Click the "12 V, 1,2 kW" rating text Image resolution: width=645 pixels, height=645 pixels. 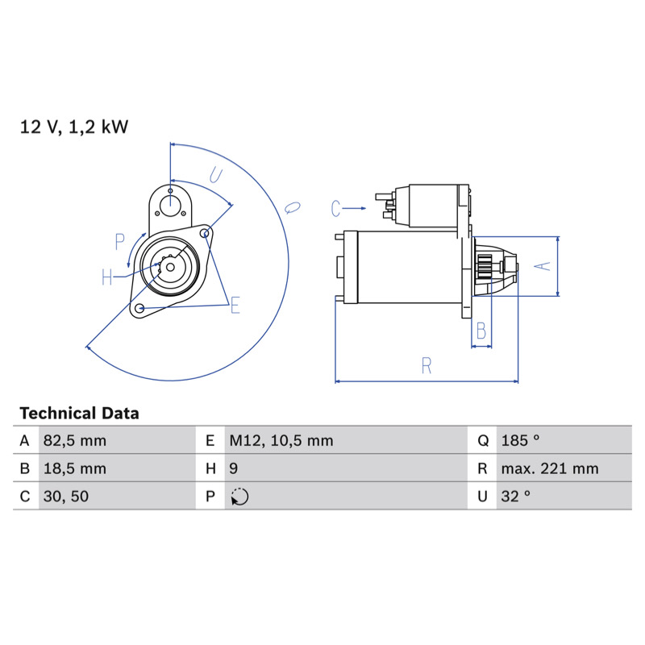click(74, 127)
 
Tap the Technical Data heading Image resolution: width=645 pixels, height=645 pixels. click(79, 414)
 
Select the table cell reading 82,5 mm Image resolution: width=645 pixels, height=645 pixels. click(75, 440)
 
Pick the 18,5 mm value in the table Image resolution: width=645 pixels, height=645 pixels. click(75, 468)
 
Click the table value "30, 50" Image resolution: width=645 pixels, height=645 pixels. click(66, 497)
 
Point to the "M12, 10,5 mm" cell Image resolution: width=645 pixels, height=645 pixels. click(281, 440)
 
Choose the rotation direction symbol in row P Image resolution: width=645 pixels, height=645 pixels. click(239, 497)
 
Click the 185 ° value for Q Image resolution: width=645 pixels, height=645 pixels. click(520, 440)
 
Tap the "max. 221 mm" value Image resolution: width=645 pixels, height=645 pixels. click(550, 468)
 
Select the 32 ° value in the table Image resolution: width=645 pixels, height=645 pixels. click(515, 497)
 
